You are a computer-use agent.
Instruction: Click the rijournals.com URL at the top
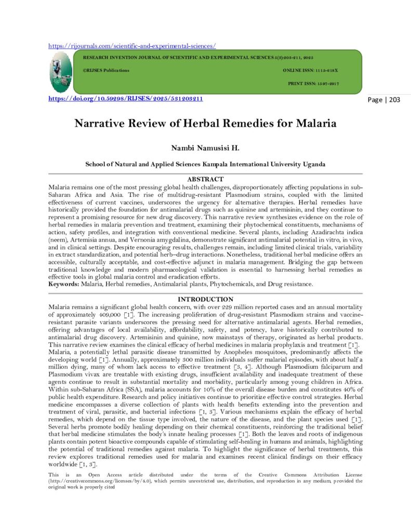coord(132,46)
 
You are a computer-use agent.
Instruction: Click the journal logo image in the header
coord(61,72)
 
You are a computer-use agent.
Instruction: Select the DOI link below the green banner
coord(125,99)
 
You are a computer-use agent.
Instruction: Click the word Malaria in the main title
coord(316,124)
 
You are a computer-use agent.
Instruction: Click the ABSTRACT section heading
coord(205,179)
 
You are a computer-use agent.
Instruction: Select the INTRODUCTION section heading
coord(205,300)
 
